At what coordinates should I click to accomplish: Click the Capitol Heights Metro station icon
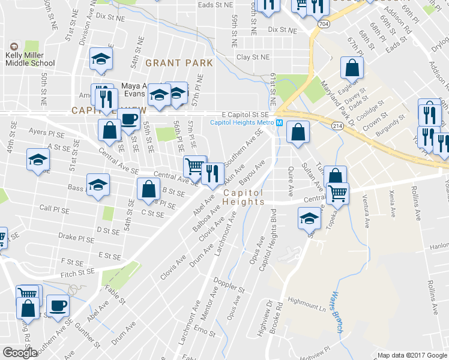pos(279,123)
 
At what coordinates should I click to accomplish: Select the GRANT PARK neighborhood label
pos(179,62)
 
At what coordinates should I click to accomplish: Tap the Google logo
pos(20,353)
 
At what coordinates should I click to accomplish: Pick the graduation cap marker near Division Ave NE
pos(101,59)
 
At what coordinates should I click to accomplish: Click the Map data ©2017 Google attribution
pos(412,355)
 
